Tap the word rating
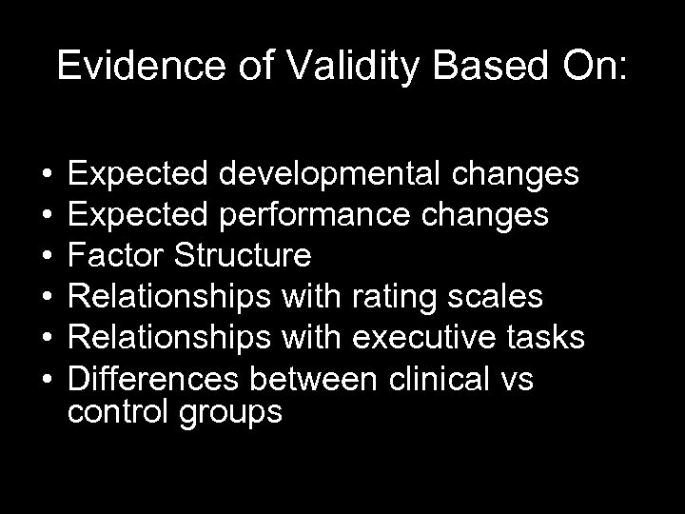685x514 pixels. point(402,297)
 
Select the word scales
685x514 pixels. point(498,297)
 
